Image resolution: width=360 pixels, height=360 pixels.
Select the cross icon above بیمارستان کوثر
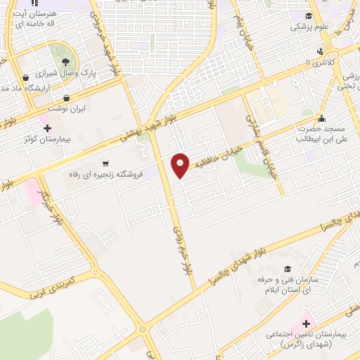tap(47, 129)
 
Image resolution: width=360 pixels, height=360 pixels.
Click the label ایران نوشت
tap(66, 110)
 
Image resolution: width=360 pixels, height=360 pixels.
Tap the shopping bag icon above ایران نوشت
tap(66, 98)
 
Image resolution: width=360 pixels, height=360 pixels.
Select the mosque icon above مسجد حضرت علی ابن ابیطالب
tap(322, 118)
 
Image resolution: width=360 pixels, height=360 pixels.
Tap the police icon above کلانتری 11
tap(321, 51)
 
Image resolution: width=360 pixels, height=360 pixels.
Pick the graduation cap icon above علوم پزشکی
tap(310, 16)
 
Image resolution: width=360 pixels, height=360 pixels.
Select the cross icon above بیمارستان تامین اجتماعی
tap(304, 323)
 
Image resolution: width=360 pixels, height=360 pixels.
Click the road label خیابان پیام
tap(240, 27)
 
